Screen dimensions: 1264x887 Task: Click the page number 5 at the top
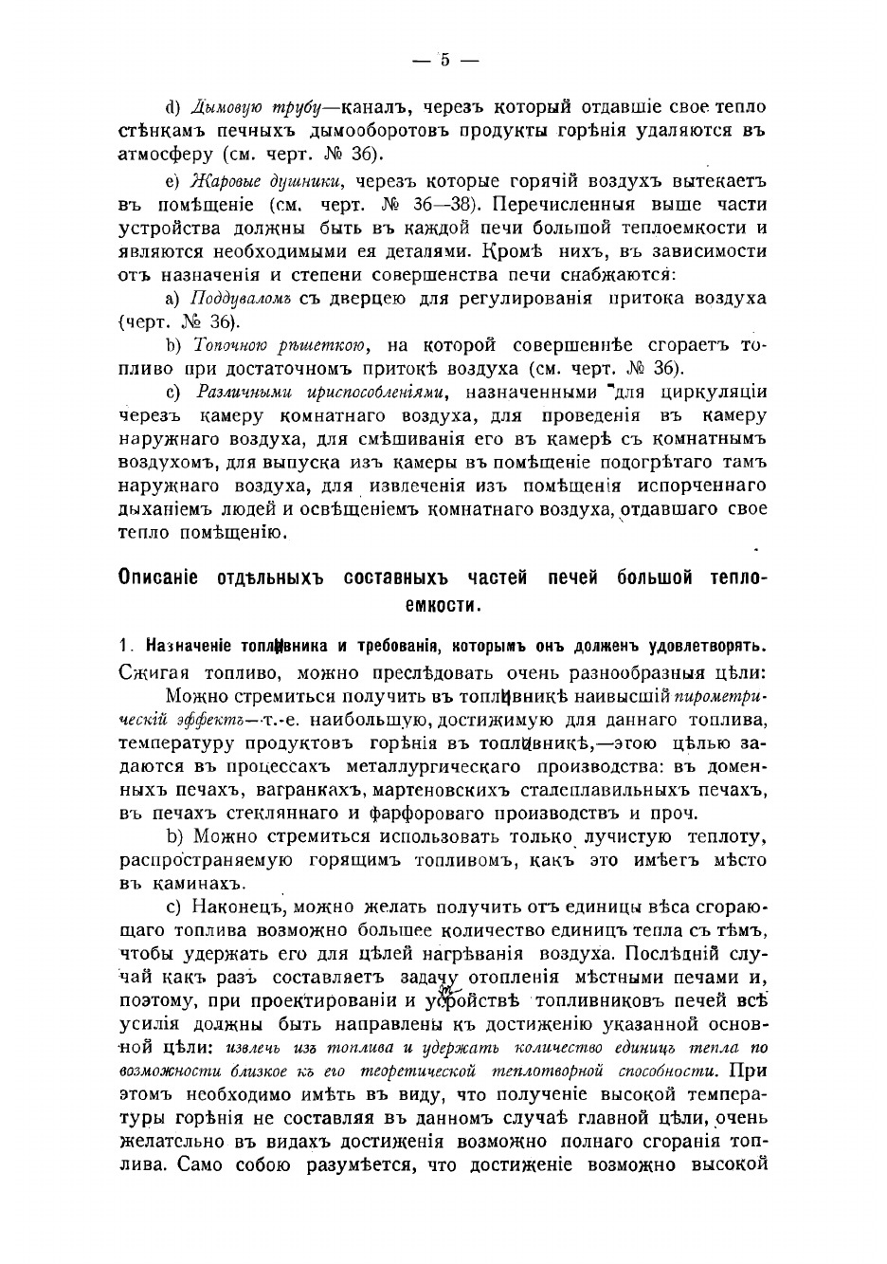click(x=443, y=60)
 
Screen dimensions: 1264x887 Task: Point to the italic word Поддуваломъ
click(x=243, y=299)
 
